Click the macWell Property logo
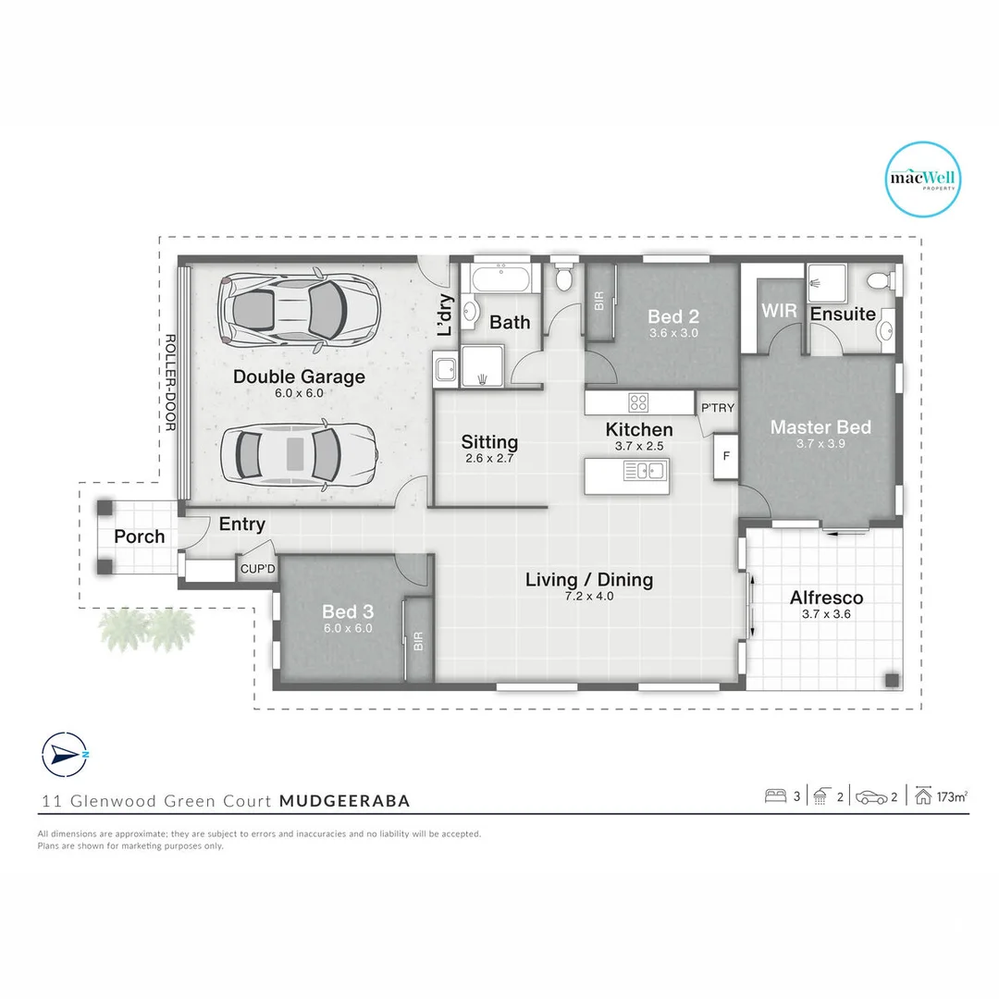coord(924,179)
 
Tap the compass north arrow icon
coord(64,755)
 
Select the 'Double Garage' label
coord(299,376)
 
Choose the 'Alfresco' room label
coord(826,598)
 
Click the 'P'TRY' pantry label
coord(717,408)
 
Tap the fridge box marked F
coord(726,456)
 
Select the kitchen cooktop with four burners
coord(639,402)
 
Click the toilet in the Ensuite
coord(879,279)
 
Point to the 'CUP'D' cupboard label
coord(257,569)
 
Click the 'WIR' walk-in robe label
coord(779,311)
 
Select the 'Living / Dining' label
coord(589,580)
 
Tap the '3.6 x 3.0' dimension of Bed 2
coord(672,333)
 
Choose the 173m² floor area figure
coord(952,795)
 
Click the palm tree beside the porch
coord(148,629)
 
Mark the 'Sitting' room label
coord(489,442)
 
